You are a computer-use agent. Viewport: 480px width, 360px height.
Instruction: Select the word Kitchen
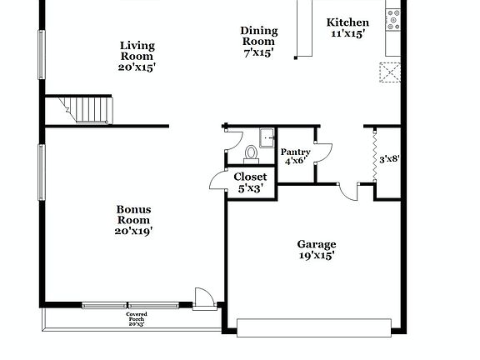347,22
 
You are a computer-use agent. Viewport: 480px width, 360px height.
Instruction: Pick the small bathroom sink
266,138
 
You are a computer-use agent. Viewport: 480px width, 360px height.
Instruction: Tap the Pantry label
296,152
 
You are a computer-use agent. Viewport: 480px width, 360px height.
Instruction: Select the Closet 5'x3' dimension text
250,188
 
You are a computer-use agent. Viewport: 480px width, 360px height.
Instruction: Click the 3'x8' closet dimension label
390,158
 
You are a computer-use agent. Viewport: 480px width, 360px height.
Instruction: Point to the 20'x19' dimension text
133,231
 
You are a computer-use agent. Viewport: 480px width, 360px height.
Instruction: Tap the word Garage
317,244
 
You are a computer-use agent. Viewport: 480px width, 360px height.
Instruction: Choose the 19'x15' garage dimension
317,257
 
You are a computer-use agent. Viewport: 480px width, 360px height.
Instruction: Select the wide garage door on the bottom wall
314,327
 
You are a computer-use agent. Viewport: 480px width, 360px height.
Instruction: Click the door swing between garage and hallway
348,192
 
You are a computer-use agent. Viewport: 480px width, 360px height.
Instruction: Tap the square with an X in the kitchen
389,72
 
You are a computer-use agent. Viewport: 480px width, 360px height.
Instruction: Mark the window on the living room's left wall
41,55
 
